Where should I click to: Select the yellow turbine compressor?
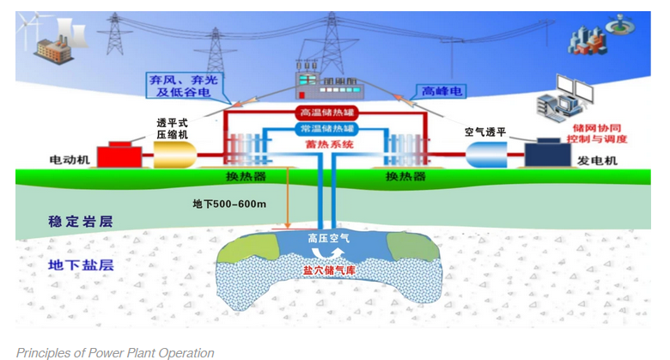click(x=174, y=155)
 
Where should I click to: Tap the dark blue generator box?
click(x=550, y=154)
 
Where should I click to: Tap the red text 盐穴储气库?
click(x=330, y=269)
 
